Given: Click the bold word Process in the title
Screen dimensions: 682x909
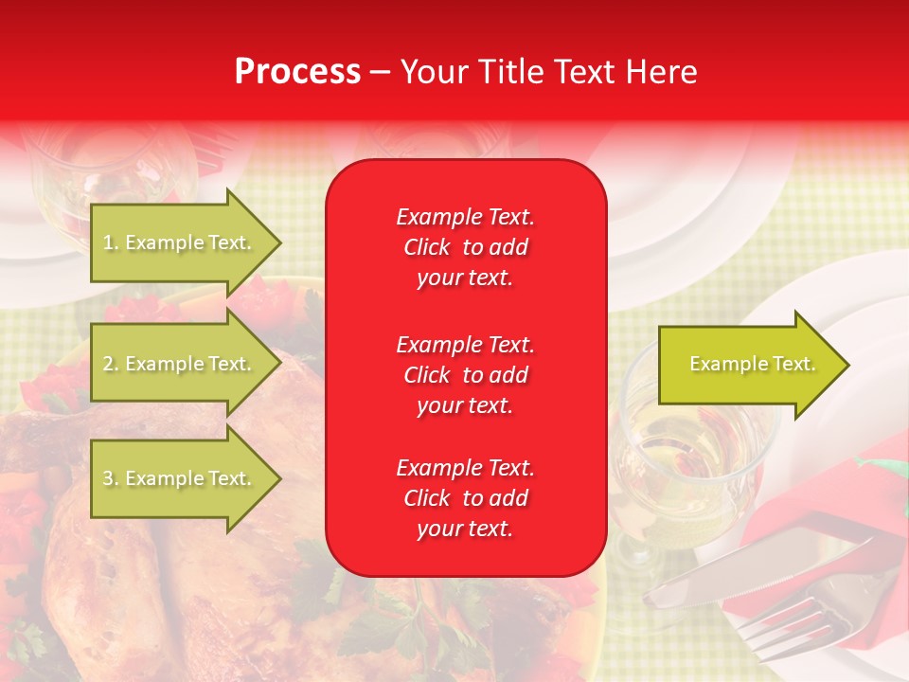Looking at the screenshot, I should pos(297,72).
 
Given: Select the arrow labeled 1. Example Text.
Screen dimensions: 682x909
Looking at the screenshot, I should pos(180,242).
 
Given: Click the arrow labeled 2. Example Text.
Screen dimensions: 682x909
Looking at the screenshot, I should pos(180,364).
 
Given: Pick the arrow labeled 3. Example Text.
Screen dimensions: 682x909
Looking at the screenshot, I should pos(180,478).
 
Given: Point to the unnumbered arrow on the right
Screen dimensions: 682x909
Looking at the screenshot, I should pos(748,365).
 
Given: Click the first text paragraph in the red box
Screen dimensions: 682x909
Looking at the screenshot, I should pos(465,247).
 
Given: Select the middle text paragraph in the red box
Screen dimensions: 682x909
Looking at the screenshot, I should pos(465,375).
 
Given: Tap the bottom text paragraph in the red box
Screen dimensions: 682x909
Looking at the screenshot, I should pos(465,498).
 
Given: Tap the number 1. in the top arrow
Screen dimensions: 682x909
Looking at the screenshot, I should pos(111,242).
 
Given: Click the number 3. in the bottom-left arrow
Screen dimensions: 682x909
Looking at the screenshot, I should pos(111,478).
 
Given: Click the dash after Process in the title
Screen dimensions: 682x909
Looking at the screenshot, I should pos(380,72).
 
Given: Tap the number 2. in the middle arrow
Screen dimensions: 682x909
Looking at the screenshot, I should pos(111,364).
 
